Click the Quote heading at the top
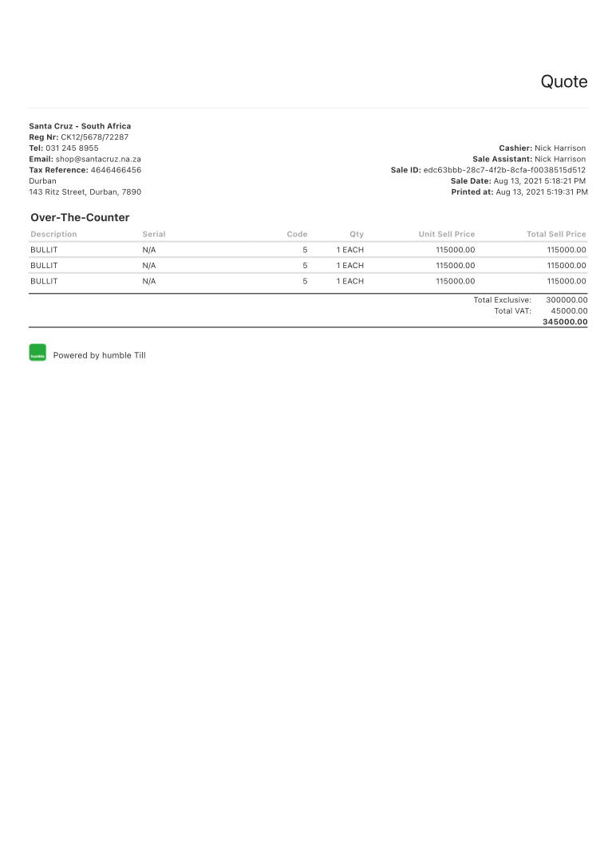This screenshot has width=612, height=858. click(563, 81)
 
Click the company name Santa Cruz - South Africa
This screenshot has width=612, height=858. click(80, 126)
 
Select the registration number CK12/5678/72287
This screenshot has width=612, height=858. click(94, 137)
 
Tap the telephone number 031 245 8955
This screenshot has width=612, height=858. click(72, 148)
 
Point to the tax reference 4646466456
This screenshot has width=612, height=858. click(116, 170)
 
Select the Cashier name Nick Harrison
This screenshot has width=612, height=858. click(560, 148)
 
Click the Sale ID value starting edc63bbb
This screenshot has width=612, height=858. click(504, 170)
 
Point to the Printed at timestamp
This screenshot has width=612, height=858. click(541, 192)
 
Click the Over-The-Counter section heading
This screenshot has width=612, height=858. click(80, 217)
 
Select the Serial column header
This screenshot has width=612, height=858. click(154, 235)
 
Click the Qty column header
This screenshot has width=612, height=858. click(356, 235)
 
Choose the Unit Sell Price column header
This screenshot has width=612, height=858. click(446, 235)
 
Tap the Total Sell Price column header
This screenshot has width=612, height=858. click(556, 235)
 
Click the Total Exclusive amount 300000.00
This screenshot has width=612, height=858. click(567, 300)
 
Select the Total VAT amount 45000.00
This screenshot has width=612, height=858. click(569, 311)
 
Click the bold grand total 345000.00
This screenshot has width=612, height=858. click(565, 322)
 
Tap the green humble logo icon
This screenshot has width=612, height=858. click(38, 353)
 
